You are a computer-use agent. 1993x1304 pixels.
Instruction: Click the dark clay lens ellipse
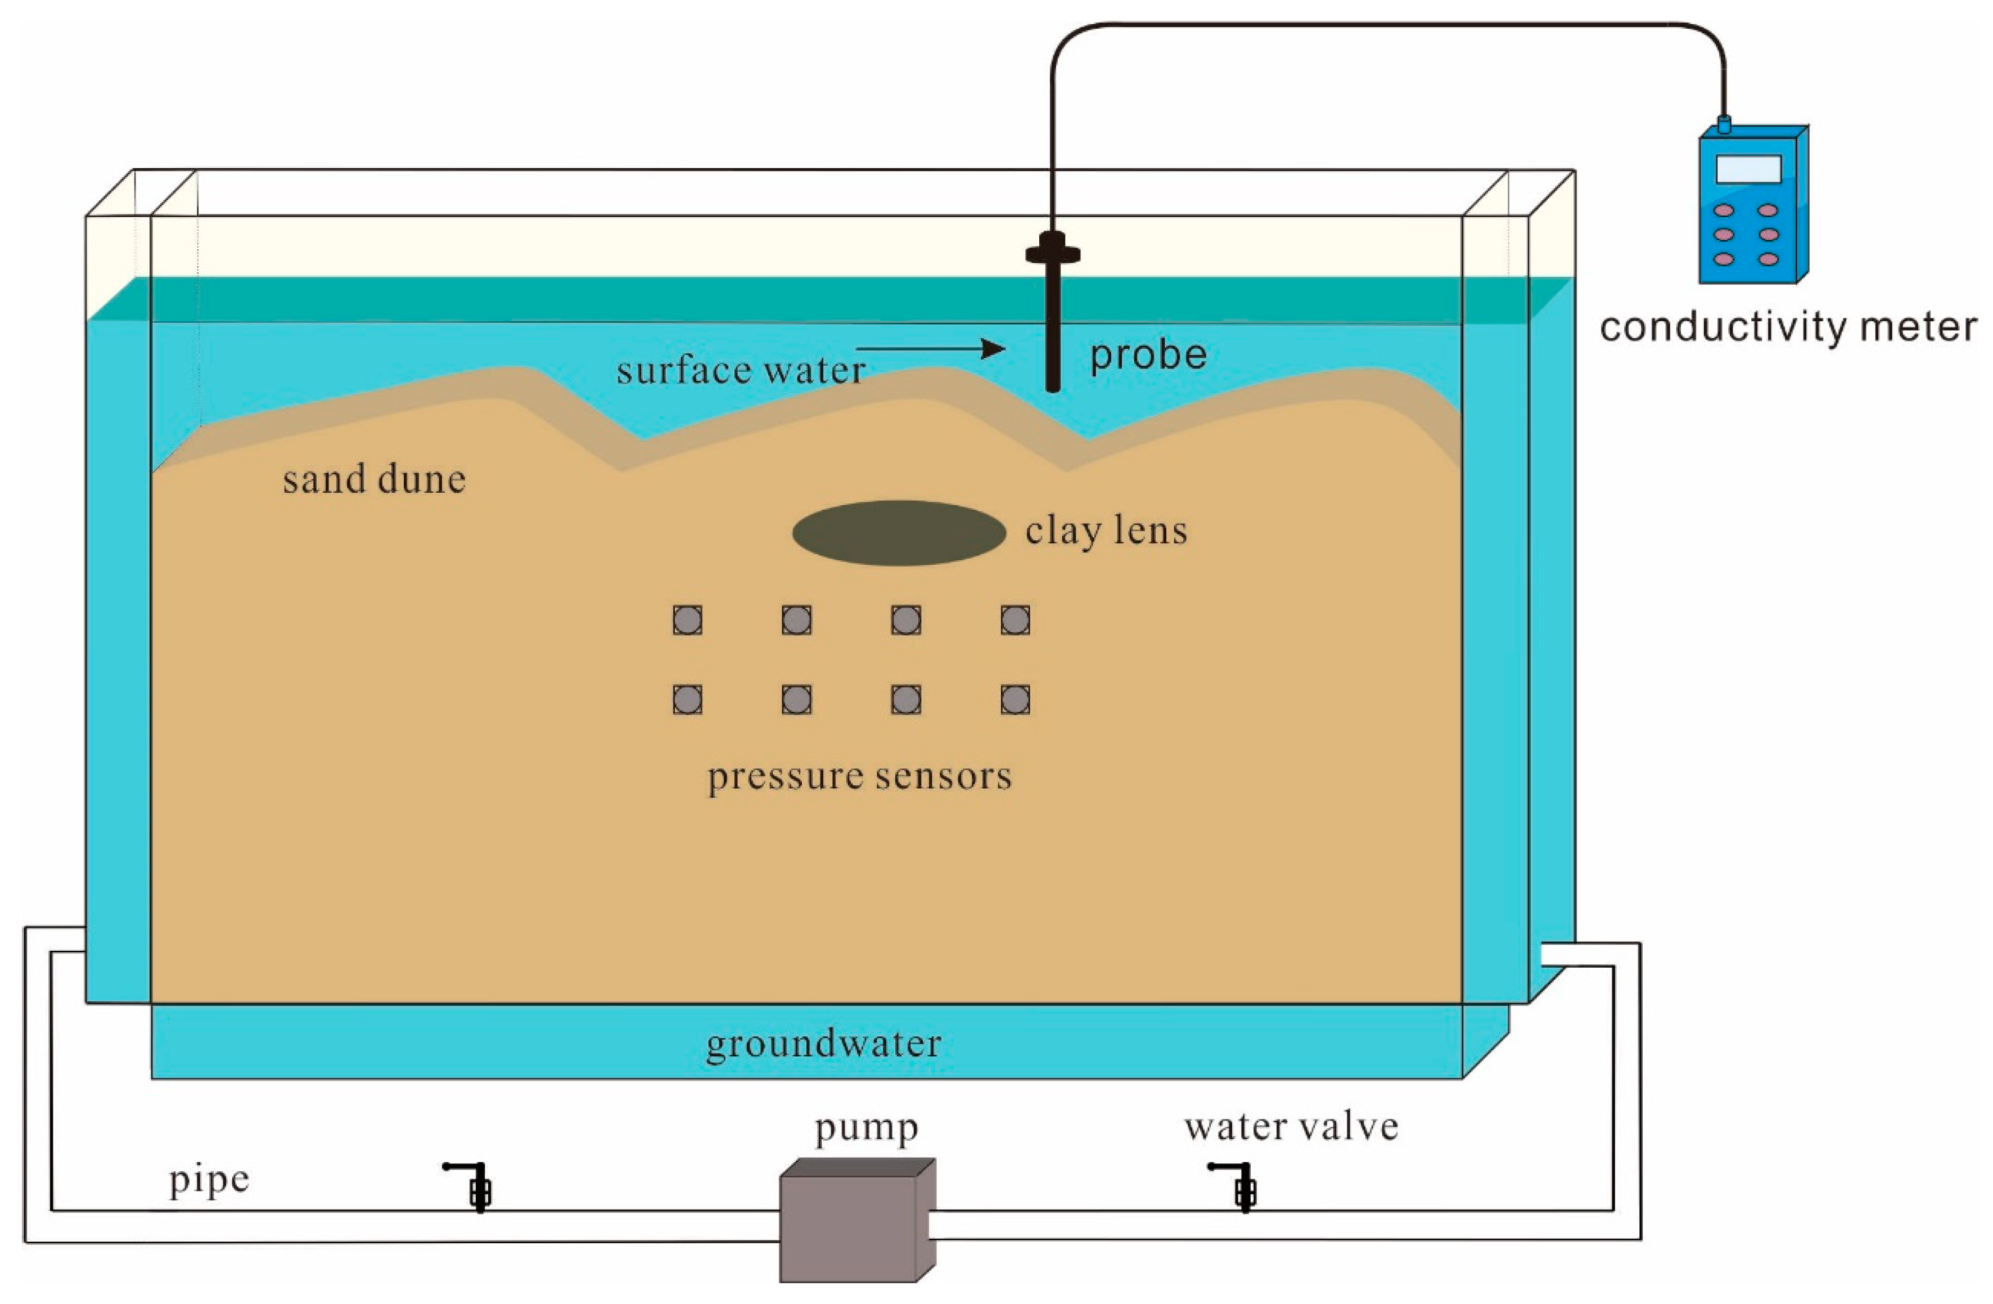(899, 533)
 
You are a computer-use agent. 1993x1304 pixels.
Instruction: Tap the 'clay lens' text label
(1106, 531)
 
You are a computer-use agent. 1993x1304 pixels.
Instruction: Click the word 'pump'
(866, 1128)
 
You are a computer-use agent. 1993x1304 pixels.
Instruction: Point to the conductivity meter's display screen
(1748, 169)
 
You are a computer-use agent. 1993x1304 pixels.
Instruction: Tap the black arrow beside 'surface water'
(930, 348)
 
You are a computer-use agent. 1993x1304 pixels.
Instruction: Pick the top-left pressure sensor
(688, 620)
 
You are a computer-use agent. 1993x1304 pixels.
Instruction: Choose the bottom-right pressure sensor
(1015, 699)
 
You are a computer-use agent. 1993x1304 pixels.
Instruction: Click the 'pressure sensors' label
(859, 776)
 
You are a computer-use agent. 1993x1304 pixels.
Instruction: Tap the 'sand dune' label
(373, 480)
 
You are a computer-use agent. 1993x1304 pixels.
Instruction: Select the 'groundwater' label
(823, 1044)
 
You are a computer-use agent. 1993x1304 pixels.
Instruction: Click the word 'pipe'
(209, 1180)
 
